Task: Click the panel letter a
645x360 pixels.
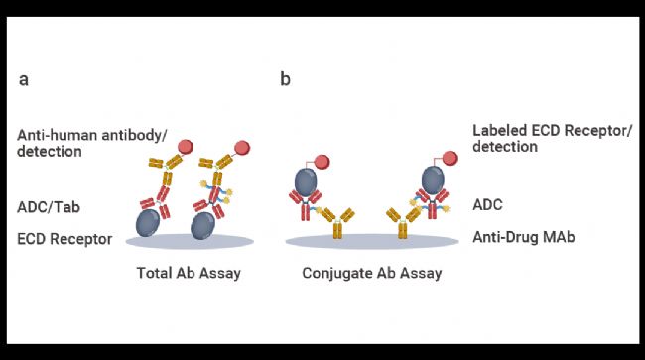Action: (x=24, y=79)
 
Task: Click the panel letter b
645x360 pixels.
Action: (x=285, y=78)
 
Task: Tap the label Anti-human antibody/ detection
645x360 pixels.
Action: (x=91, y=143)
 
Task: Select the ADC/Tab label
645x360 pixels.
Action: (x=49, y=207)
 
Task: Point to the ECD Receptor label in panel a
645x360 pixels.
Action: (x=64, y=239)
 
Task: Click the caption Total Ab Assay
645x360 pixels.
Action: (x=189, y=273)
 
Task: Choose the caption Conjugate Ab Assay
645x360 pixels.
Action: (x=372, y=273)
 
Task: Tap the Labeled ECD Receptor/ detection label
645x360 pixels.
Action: (x=552, y=139)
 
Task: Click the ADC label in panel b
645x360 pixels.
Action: (x=487, y=204)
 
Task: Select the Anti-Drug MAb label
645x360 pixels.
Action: (x=524, y=237)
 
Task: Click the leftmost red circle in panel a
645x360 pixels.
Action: (x=186, y=147)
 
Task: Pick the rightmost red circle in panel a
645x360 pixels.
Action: (x=242, y=148)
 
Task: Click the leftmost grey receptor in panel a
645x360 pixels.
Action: (x=148, y=223)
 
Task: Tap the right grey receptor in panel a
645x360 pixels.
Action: (x=202, y=225)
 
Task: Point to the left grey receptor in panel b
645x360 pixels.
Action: (x=306, y=182)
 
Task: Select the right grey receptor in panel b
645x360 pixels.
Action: (x=433, y=180)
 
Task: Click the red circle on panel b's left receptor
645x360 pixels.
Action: (x=322, y=162)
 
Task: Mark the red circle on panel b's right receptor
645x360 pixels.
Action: (x=451, y=159)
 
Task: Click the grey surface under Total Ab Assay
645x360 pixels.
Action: (x=190, y=242)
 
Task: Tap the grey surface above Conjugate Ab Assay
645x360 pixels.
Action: (x=372, y=241)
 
